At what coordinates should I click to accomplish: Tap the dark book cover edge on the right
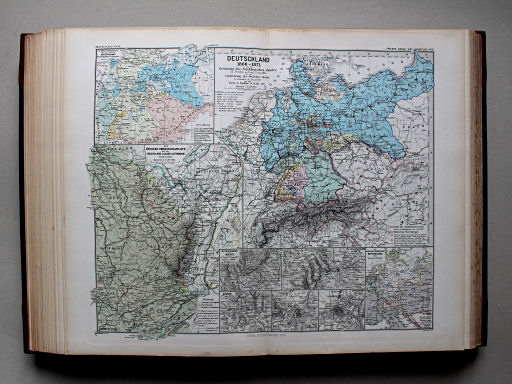point(481,190)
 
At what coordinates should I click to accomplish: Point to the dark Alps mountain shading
point(330,225)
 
